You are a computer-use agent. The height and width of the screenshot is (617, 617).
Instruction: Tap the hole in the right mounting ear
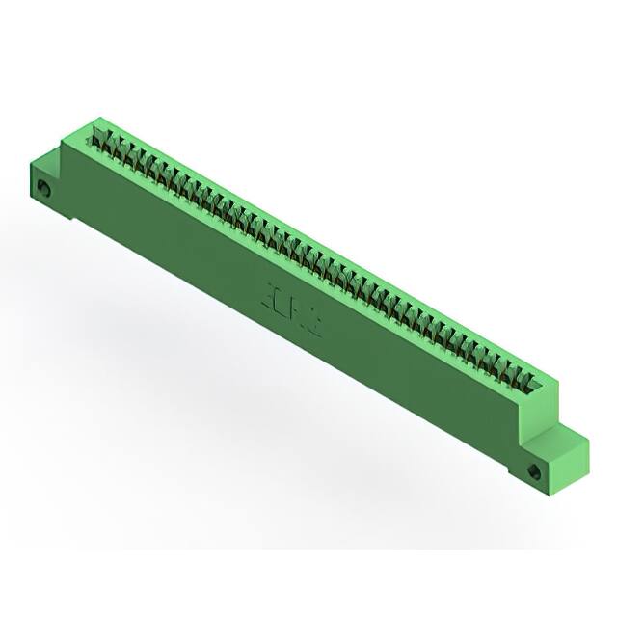point(535,471)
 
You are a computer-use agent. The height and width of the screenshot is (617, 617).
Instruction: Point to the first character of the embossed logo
point(268,294)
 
